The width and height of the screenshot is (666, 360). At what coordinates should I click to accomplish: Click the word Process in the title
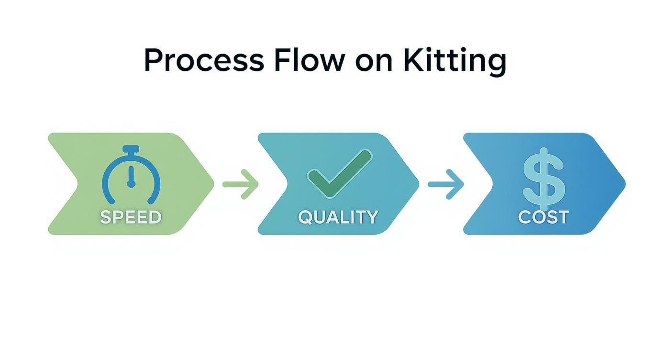[203, 61]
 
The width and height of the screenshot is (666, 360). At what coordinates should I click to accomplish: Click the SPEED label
[131, 217]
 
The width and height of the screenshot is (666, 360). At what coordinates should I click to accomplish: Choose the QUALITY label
[338, 217]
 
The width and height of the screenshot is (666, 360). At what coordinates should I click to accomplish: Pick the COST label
[544, 217]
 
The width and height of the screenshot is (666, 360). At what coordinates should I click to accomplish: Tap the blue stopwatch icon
[131, 175]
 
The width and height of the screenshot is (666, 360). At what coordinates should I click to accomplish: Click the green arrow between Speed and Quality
[241, 184]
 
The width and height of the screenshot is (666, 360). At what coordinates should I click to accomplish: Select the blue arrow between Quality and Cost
[446, 184]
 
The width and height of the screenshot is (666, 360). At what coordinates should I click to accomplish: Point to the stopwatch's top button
[131, 149]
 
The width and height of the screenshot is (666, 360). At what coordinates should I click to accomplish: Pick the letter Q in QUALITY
[306, 218]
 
